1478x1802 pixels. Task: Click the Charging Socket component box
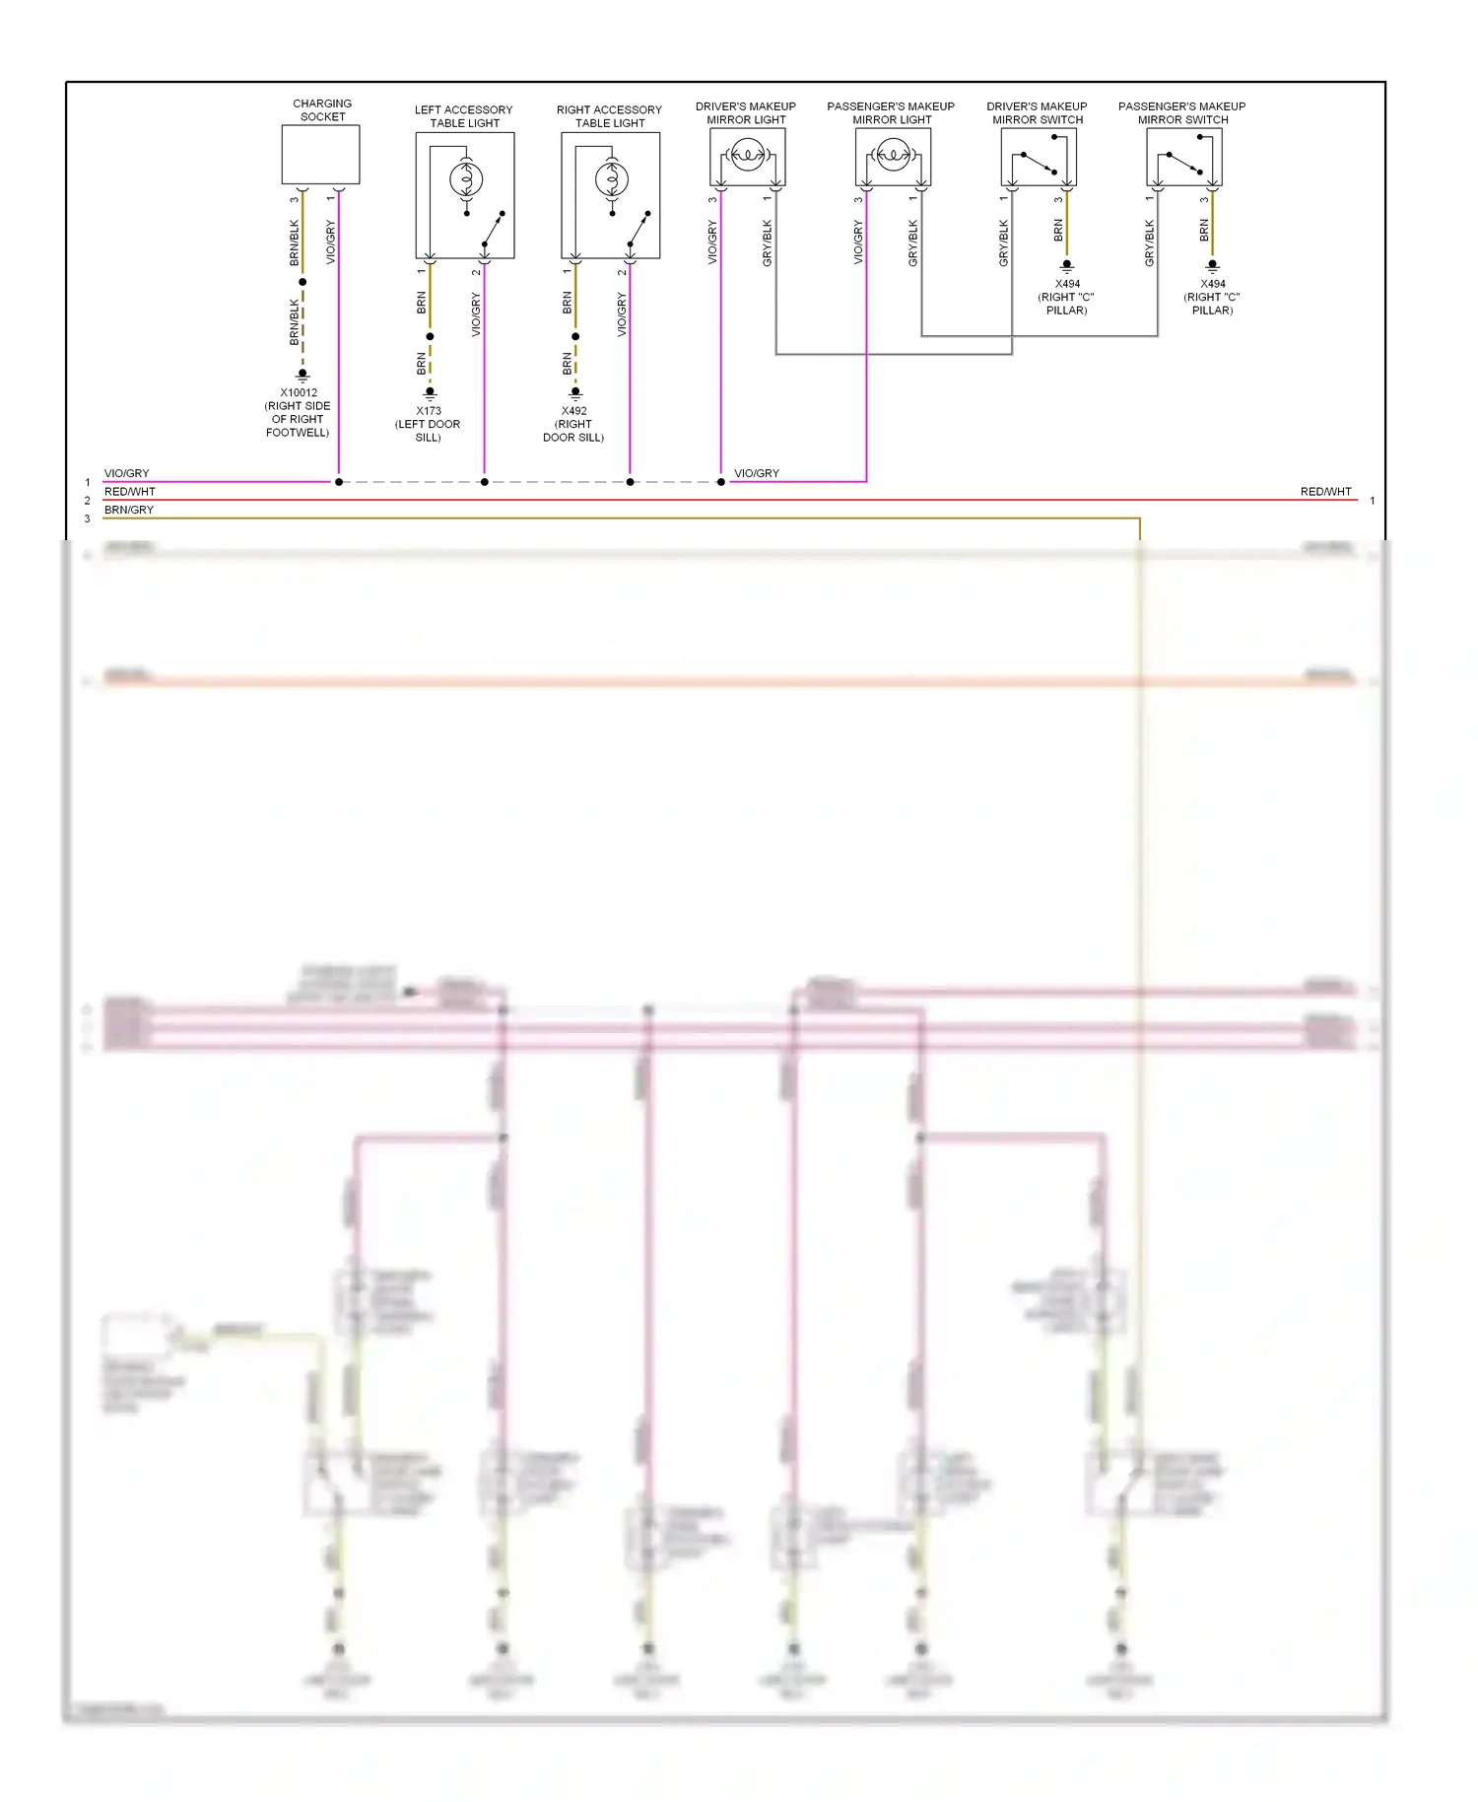320,155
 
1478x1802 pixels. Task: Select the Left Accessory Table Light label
464,116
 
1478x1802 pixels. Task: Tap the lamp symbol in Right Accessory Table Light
612,178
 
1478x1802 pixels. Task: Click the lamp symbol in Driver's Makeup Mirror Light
747,155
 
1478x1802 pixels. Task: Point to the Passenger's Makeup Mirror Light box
893,158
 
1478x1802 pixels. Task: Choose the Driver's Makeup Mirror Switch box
1039,158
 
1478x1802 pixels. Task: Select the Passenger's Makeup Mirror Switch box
1183,158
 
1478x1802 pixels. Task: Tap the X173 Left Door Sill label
428,424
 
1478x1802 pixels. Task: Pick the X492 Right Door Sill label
573,424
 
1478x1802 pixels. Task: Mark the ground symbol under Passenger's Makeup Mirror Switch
1213,265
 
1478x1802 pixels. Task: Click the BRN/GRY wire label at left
129,510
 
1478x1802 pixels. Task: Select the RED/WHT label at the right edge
1325,491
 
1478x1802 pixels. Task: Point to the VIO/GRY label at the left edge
127,473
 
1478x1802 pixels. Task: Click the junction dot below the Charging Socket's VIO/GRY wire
339,482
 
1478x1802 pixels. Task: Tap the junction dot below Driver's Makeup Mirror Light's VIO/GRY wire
721,482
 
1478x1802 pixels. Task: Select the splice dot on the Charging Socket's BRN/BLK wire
302,282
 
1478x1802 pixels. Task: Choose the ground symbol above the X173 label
430,392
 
